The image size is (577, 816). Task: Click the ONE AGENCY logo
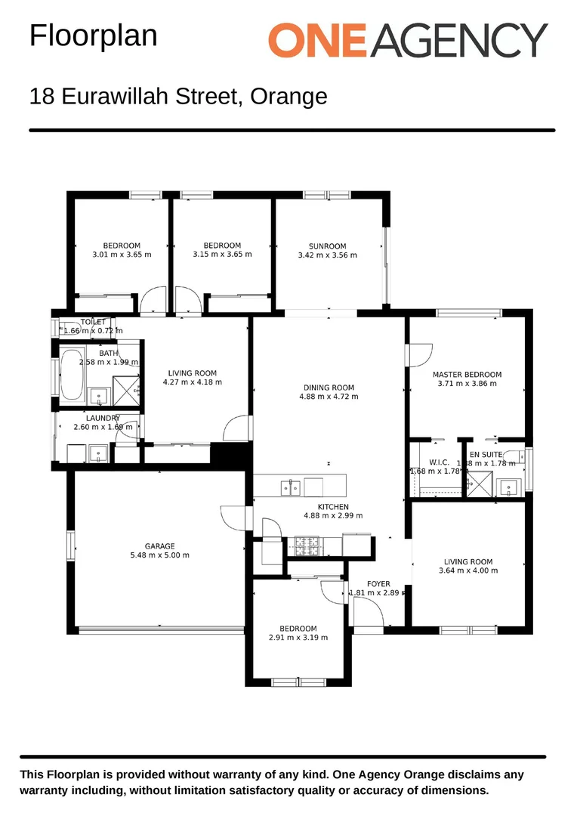coord(408,39)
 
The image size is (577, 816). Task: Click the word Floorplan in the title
coord(93,36)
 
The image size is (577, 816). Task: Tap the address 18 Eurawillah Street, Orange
coord(178,97)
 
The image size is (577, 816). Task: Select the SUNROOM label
coord(327,246)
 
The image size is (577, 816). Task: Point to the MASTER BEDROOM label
coord(467,375)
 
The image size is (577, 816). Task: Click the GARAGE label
coord(160,546)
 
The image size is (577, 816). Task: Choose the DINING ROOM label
coord(329,388)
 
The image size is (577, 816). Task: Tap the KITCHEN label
coord(333,507)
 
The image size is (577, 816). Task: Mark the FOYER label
coord(378,584)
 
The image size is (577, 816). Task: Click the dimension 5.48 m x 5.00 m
coord(160,555)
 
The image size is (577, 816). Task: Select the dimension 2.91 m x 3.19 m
coord(298,638)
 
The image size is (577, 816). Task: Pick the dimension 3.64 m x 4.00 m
coord(468,570)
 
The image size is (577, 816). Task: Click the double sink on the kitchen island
coord(291,487)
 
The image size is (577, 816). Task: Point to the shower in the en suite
coord(478,484)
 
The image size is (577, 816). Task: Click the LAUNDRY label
coord(103,419)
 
